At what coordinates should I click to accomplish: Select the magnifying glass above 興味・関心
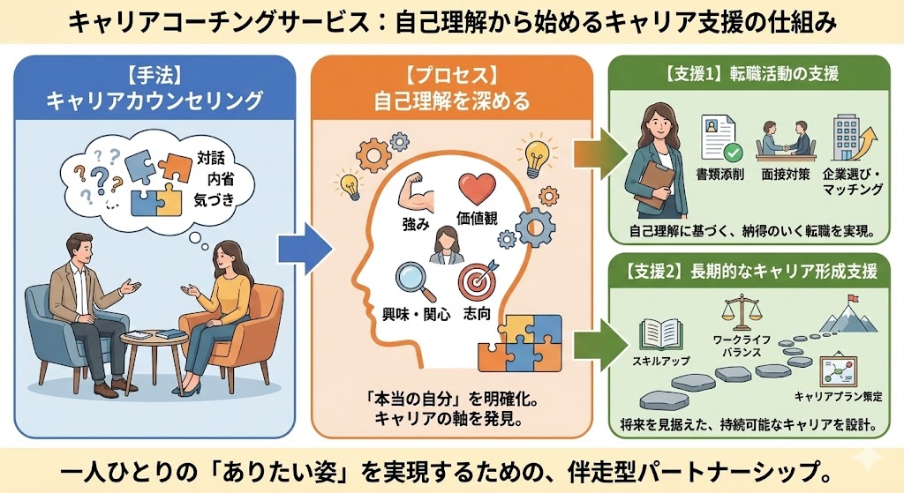pos(411,280)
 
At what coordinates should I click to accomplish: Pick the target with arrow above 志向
pos(477,281)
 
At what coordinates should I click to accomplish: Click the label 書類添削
pos(719,175)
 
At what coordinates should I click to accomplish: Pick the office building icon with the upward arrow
pos(850,137)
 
